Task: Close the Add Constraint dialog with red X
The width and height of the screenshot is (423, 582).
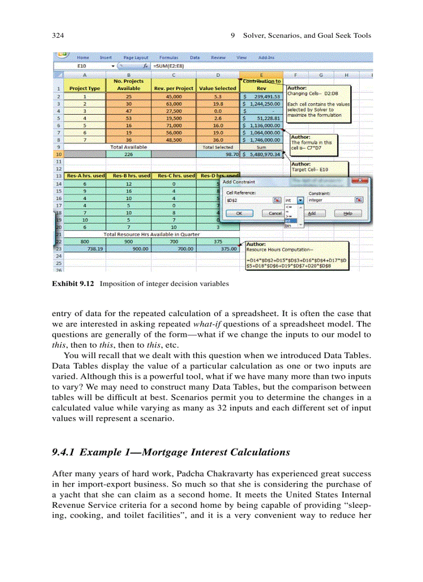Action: click(x=357, y=181)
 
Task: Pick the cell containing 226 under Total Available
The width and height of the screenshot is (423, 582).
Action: click(x=129, y=154)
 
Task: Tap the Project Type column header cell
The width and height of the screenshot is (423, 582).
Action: click(x=84, y=89)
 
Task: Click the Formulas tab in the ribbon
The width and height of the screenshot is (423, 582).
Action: click(x=169, y=58)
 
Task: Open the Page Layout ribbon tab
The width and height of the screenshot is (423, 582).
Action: click(x=136, y=58)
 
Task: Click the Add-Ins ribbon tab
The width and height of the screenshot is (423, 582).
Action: click(x=266, y=58)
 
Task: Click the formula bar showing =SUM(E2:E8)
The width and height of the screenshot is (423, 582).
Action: click(x=207, y=66)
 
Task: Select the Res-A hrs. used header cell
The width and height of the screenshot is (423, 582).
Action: click(x=84, y=176)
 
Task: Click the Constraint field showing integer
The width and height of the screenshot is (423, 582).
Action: click(x=330, y=200)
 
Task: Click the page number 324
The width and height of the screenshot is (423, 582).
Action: click(x=58, y=36)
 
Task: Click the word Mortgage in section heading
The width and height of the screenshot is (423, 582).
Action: click(x=170, y=452)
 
